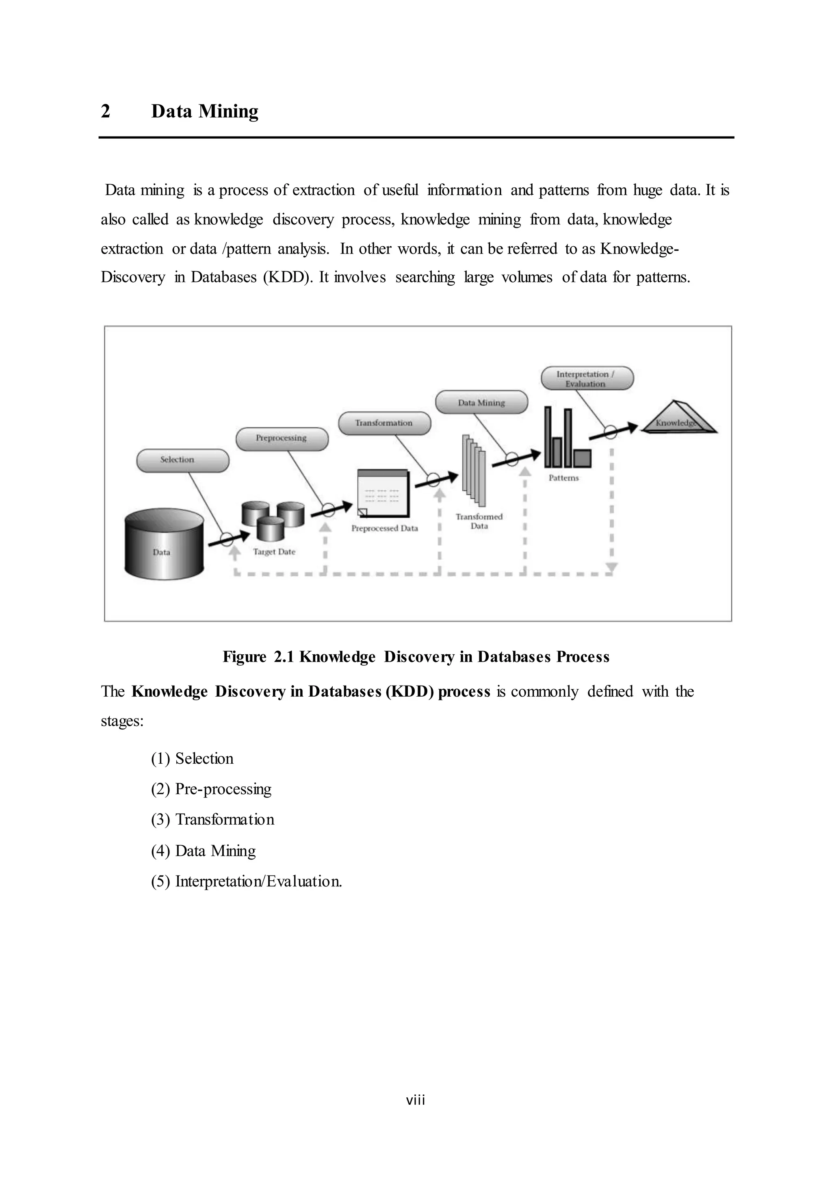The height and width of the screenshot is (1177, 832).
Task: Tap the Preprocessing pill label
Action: (282, 439)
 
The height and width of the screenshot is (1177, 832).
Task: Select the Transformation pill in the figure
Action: (384, 423)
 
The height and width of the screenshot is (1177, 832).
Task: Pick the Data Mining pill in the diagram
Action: (481, 402)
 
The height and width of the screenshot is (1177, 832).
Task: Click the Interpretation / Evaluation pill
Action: (587, 379)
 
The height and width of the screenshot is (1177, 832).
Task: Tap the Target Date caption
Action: (274, 552)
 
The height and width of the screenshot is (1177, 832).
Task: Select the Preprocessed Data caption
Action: (384, 528)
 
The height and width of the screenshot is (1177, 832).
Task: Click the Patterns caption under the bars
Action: (563, 478)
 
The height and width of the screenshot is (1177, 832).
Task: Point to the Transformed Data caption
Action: (479, 521)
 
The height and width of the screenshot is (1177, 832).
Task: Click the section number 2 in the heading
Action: (106, 111)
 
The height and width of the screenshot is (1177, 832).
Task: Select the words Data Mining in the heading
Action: (204, 111)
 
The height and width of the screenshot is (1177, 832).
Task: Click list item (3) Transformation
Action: (212, 820)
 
